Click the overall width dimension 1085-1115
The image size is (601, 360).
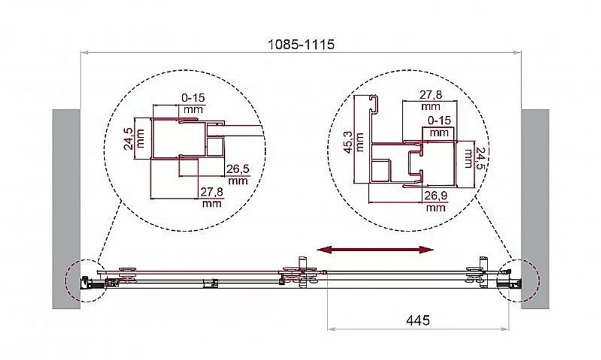click(x=300, y=44)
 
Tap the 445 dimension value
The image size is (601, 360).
click(x=418, y=320)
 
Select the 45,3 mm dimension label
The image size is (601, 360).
click(x=353, y=142)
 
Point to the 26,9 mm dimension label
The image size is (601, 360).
click(x=436, y=201)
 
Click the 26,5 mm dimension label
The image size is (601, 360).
click(x=237, y=174)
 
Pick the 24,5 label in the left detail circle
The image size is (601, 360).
click(x=134, y=138)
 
